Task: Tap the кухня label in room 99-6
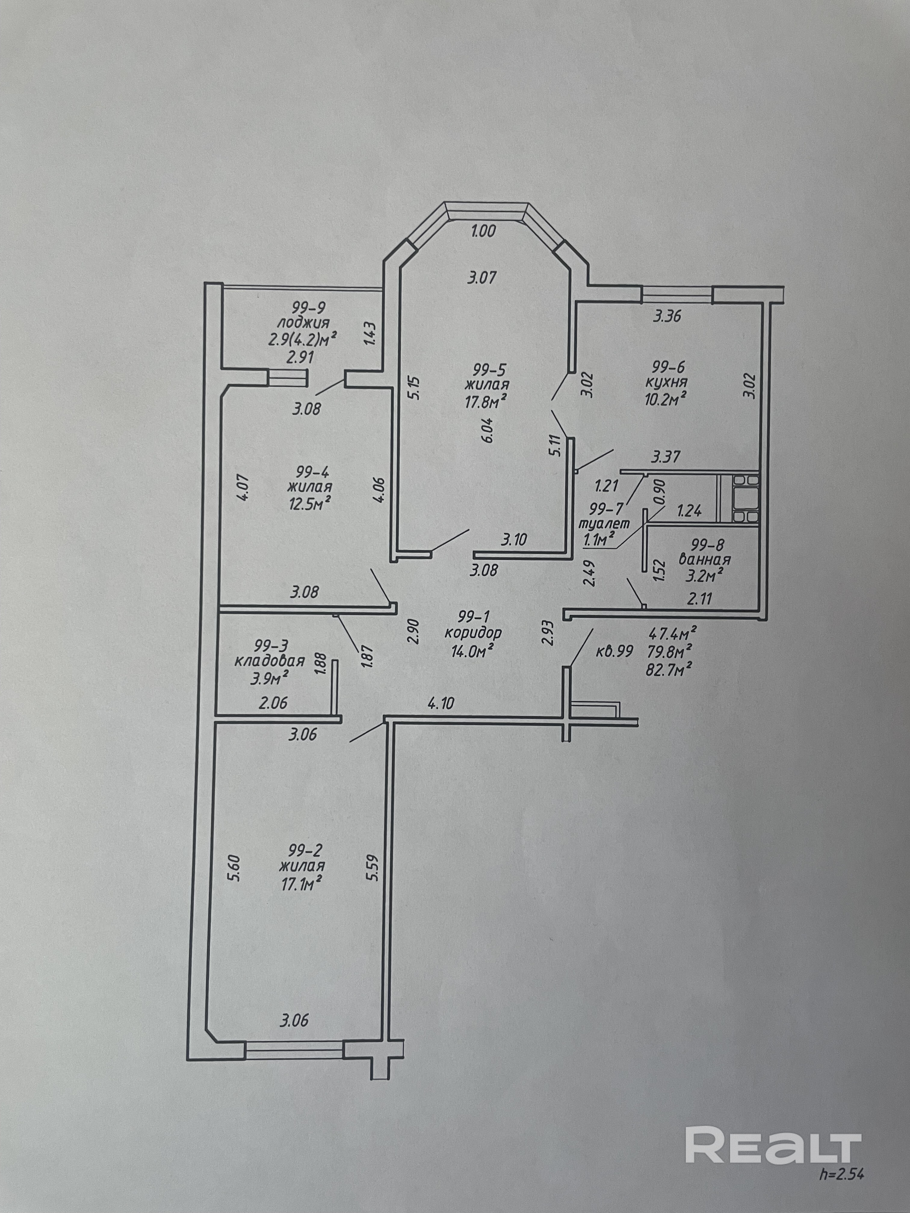pyautogui.click(x=667, y=382)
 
